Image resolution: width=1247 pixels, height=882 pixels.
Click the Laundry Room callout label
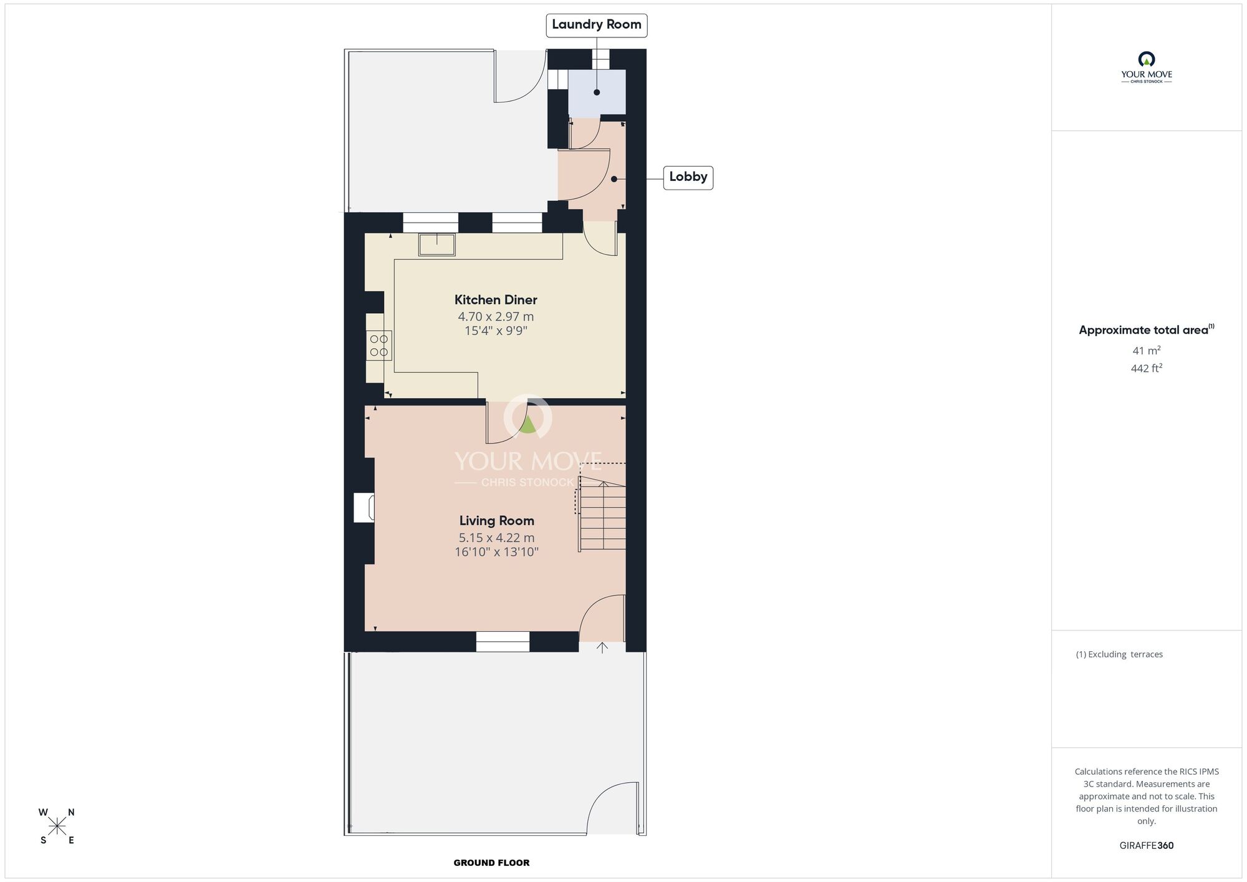coord(597,25)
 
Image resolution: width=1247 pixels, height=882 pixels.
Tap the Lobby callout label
coord(688,177)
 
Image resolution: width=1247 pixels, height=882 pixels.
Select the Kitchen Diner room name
coord(496,300)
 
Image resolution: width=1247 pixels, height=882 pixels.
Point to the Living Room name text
coord(497,521)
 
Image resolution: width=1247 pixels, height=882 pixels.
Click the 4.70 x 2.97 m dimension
coord(496,317)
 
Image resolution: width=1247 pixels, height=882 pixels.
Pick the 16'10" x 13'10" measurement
coord(497,552)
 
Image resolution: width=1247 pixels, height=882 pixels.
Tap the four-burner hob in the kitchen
coord(378,346)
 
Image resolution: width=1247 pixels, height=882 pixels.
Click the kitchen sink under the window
coord(436,245)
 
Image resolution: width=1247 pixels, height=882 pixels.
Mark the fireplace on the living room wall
coord(364,507)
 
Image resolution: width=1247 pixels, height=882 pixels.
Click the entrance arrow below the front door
coord(602,647)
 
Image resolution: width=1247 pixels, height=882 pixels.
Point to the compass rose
coord(57,826)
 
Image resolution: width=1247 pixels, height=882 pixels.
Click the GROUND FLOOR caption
coord(491,863)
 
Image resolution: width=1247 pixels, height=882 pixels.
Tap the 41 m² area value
coord(1147,351)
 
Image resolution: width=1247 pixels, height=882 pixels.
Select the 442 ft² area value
coord(1147,368)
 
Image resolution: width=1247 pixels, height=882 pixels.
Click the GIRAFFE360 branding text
coord(1147,846)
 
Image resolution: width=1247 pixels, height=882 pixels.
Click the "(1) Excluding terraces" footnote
coord(1119,654)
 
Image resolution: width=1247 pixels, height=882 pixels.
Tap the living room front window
coord(503,642)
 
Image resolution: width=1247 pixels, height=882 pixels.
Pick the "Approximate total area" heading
coord(1147,329)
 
